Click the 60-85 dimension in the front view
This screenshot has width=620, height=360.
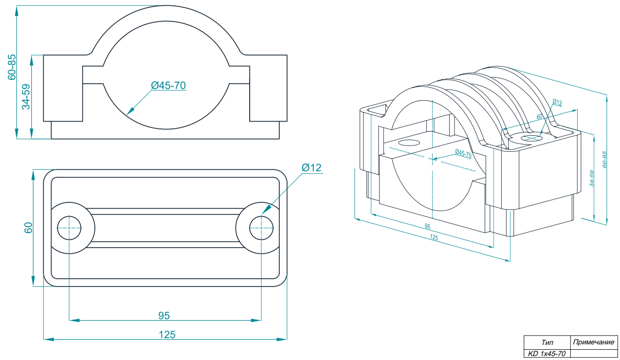click(12, 67)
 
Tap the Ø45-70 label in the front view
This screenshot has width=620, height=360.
click(168, 86)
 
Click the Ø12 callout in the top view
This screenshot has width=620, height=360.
click(311, 168)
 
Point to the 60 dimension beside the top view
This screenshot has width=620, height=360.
click(28, 228)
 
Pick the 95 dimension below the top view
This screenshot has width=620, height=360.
click(164, 316)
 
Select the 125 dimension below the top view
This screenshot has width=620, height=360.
click(166, 335)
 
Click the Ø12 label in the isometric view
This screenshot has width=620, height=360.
click(557, 103)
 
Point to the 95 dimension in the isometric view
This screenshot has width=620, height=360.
click(427, 227)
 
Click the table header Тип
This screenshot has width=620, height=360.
click(547, 342)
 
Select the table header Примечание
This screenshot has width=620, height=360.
click(593, 342)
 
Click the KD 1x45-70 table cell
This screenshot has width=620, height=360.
click(547, 354)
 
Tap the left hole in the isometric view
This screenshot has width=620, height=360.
click(409, 143)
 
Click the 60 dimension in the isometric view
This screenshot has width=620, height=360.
click(539, 117)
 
